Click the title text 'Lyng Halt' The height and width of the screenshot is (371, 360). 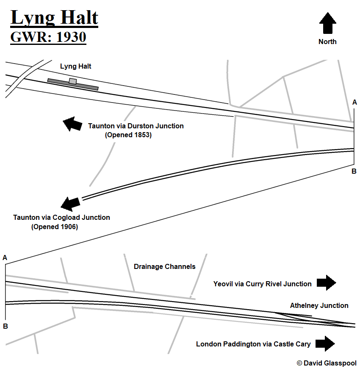pos(54,18)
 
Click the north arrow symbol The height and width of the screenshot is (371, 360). pos(327,23)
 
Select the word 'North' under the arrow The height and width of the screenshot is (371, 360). pos(327,42)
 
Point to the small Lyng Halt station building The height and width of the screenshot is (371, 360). pos(73,81)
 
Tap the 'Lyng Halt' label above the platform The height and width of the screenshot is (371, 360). pos(76,66)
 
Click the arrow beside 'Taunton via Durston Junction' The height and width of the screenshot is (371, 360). pos(73,124)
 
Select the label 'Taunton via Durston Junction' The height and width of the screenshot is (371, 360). pos(136,126)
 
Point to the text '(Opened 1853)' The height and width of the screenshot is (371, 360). pos(128,135)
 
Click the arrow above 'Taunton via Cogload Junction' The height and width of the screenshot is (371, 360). pos(70,204)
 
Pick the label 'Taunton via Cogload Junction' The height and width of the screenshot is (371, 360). pos(61,217)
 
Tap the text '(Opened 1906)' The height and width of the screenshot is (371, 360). pos(55,227)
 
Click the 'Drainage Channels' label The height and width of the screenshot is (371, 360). pos(165,266)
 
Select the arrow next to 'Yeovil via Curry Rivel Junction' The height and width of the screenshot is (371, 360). pos(326,282)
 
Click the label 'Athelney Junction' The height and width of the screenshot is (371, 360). pos(319,305)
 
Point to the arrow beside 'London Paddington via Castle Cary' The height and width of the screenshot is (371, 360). pos(325,343)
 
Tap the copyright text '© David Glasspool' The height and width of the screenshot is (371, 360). pos(327,363)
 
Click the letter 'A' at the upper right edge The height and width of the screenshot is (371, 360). pos(354,102)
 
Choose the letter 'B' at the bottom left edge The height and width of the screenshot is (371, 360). pos(5,326)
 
